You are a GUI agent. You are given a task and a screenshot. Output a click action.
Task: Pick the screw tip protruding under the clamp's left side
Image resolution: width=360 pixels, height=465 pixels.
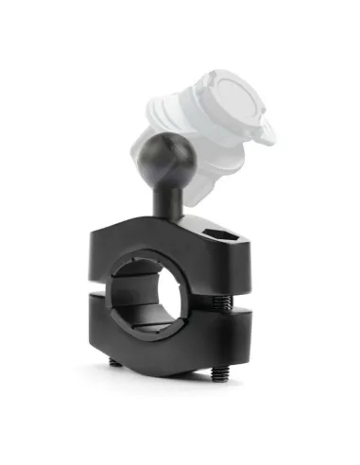tap(113, 362)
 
